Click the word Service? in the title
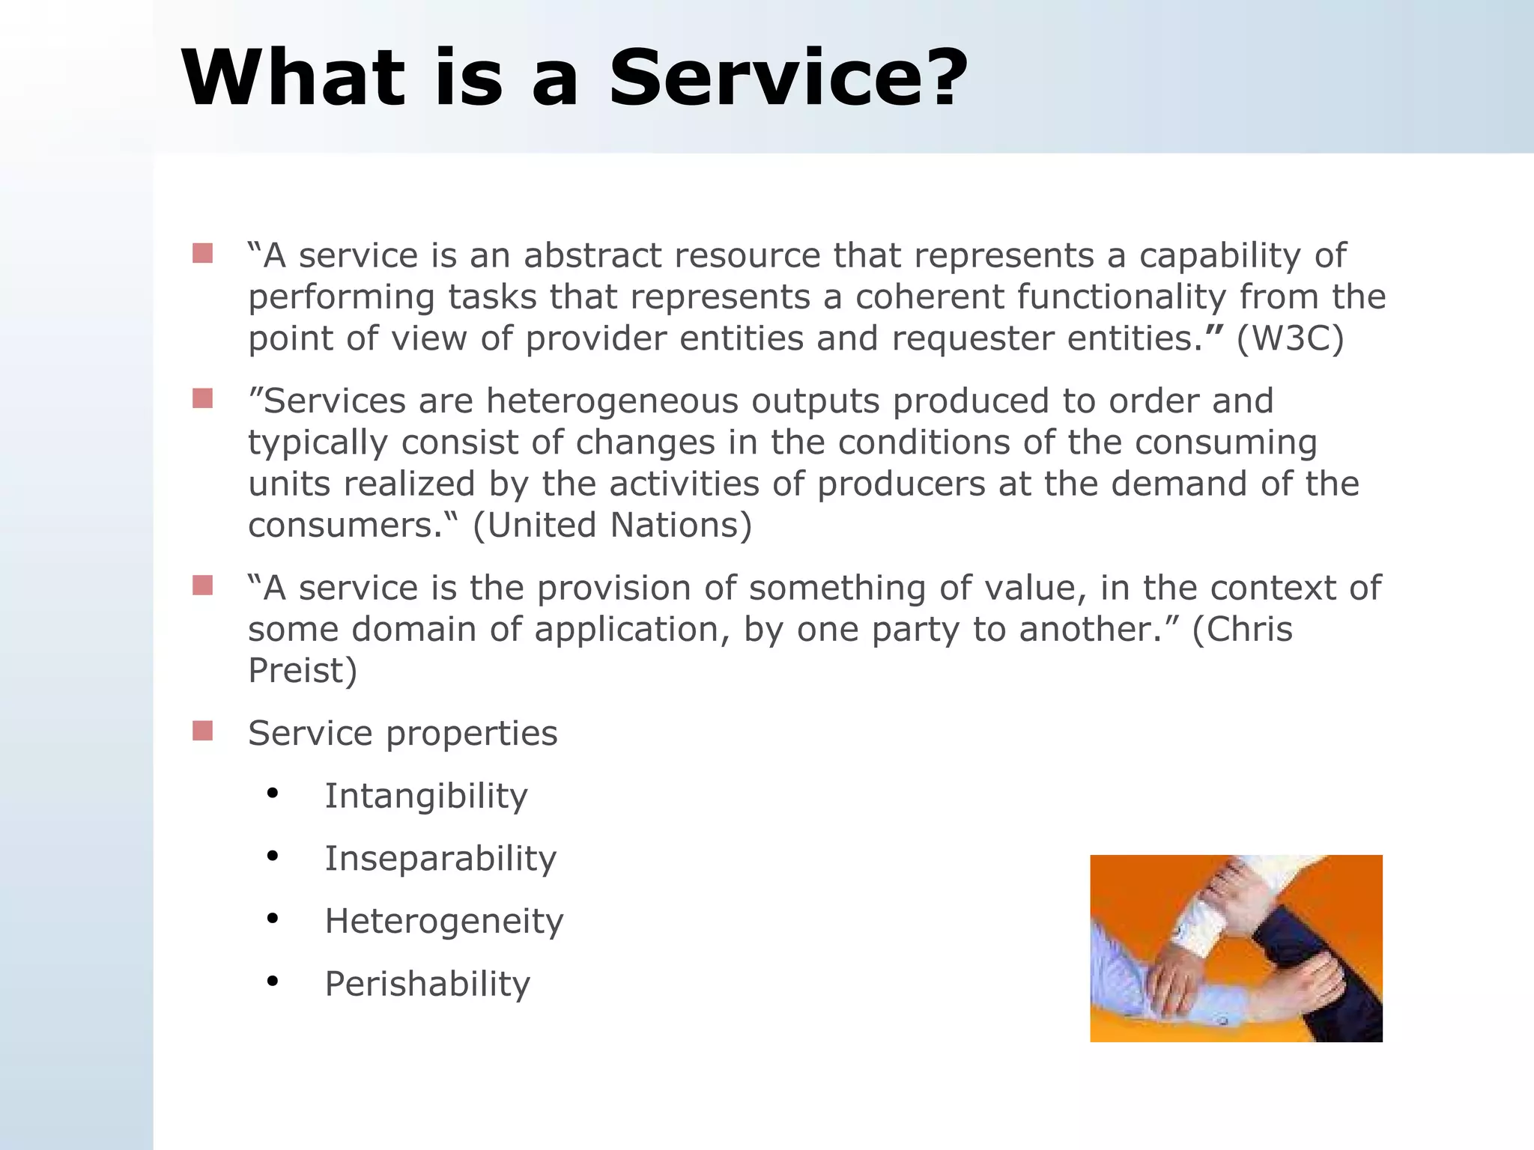point(788,79)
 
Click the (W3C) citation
point(1290,338)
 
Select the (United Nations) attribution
point(612,525)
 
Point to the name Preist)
point(303,670)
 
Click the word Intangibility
point(426,795)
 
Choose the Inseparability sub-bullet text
point(440,858)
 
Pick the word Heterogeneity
point(443,921)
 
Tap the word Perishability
point(427,984)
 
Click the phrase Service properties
point(403,733)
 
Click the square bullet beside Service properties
point(202,731)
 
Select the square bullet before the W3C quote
point(202,253)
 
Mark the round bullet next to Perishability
point(273,980)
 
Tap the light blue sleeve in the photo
point(1124,973)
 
